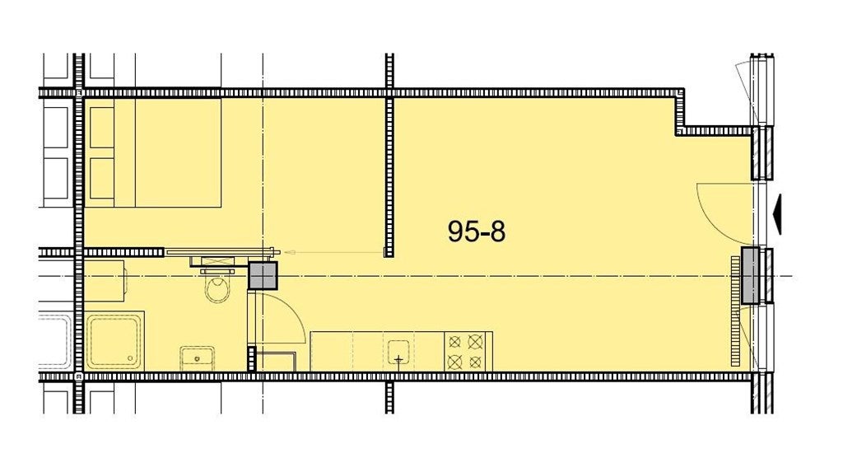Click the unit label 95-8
point(477,231)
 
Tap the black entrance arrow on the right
point(777,214)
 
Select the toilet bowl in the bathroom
point(217,289)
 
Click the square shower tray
point(114,341)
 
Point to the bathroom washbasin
point(197,358)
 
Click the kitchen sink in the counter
point(398,352)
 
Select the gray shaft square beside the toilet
point(263,275)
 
